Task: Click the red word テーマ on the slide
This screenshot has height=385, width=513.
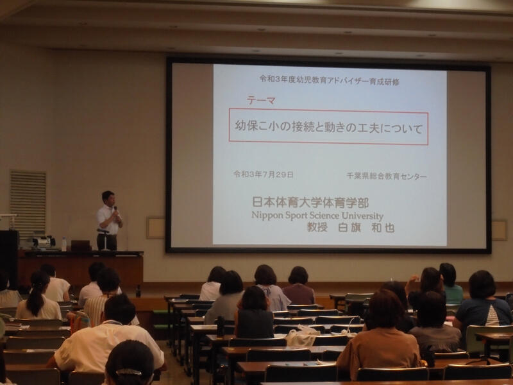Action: point(261,100)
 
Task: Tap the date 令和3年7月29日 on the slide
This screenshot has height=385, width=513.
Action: point(264,174)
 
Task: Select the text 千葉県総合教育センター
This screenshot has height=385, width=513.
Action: point(387,176)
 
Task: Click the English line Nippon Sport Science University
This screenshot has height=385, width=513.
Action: point(317,216)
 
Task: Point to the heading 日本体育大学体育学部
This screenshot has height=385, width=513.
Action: point(310,202)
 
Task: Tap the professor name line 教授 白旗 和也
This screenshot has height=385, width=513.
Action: point(350,227)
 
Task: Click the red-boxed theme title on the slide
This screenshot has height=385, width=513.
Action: point(328,126)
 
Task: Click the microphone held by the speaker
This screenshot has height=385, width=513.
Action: point(115,210)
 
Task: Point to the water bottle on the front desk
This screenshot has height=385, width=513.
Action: point(63,244)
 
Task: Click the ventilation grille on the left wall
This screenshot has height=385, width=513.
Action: point(28,203)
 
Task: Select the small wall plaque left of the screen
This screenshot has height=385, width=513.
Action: point(156,228)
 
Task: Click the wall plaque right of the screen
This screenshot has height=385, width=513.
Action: point(500,230)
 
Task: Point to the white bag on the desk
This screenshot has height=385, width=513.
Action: point(301,336)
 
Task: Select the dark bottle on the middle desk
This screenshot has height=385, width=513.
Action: point(220,327)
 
